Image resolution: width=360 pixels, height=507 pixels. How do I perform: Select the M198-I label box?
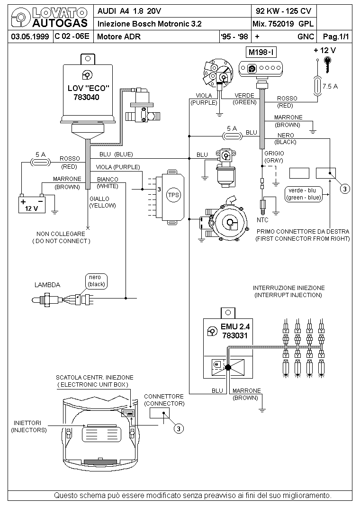pyautogui.click(x=261, y=52)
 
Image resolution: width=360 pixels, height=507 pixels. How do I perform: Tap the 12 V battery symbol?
pyautogui.click(x=32, y=204)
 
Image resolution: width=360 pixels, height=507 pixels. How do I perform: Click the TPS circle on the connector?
pyautogui.click(x=173, y=195)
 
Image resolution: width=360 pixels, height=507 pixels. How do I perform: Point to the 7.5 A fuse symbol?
pyautogui.click(x=318, y=86)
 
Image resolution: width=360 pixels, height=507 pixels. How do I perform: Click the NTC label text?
pyautogui.click(x=262, y=220)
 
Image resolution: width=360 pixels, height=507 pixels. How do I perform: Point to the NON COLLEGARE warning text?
pyautogui.click(x=61, y=237)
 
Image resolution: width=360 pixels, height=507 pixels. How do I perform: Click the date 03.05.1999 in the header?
pyautogui.click(x=30, y=36)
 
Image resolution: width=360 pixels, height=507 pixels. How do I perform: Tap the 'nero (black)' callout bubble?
pyautogui.click(x=96, y=281)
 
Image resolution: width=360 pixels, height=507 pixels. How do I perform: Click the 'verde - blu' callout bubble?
pyautogui.click(x=304, y=194)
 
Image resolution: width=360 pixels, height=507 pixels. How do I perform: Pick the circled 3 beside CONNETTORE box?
pyautogui.click(x=179, y=429)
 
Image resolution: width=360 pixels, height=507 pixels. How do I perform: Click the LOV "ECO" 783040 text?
pyautogui.click(x=88, y=92)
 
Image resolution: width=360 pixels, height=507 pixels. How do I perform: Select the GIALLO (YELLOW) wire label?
pyautogui.click(x=102, y=202)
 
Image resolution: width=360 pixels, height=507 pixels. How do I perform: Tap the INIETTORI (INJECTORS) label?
pyautogui.click(x=28, y=426)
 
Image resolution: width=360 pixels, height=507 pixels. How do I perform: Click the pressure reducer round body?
pyautogui.click(x=230, y=222)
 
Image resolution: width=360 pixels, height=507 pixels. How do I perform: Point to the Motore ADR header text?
pyautogui.click(x=119, y=36)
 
